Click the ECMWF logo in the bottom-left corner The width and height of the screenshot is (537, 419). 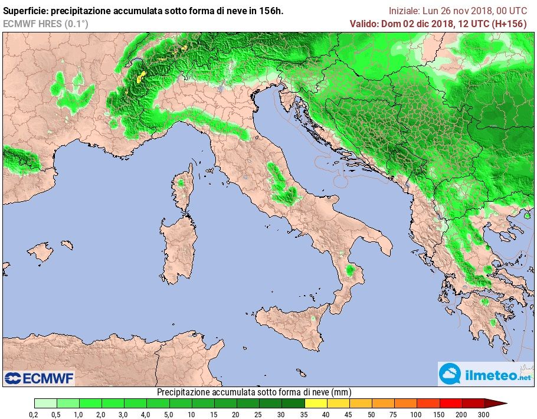point(39,378)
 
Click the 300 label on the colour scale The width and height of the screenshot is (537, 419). point(484,415)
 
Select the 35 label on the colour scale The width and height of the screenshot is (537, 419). point(304,415)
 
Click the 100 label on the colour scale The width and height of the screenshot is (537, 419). point(417,415)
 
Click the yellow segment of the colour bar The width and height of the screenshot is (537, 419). point(316,404)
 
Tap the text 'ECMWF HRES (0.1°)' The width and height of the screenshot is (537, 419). point(45,24)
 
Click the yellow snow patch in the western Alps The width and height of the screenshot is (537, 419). point(140,77)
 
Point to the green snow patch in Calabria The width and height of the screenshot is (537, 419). point(352,270)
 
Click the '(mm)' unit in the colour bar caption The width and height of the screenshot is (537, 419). point(342,392)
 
